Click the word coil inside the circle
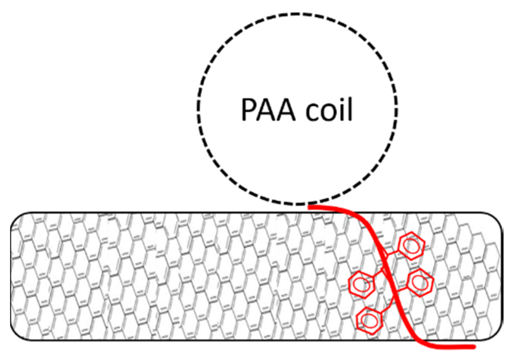[329, 109]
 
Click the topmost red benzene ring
[412, 246]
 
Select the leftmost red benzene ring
[361, 284]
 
